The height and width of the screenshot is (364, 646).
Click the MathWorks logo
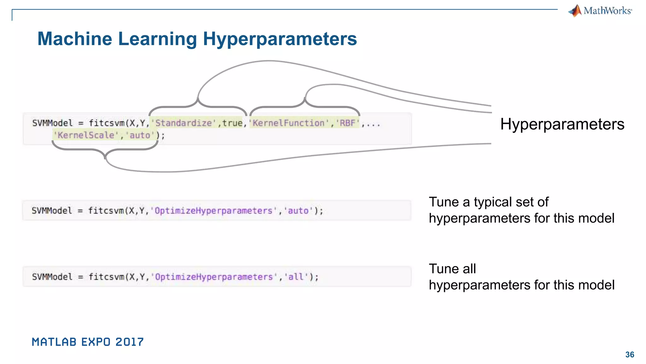pyautogui.click(x=600, y=11)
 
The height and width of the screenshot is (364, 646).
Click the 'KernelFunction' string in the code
pyautogui.click(x=289, y=123)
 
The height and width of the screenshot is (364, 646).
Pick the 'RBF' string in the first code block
pyautogui.click(x=348, y=123)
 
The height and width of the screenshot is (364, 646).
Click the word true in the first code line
pyautogui.click(x=232, y=123)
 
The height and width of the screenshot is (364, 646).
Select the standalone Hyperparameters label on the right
pyautogui.click(x=562, y=124)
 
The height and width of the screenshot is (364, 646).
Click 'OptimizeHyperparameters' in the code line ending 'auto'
pyautogui.click(x=214, y=211)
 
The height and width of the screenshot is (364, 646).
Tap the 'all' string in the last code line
pyautogui.click(x=296, y=277)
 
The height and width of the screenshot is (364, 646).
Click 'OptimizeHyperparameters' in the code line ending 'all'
pyautogui.click(x=214, y=277)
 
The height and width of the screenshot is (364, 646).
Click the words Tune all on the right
pyautogui.click(x=452, y=269)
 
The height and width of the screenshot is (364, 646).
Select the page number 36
pyautogui.click(x=630, y=355)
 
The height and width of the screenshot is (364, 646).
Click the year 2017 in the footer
pyautogui.click(x=129, y=342)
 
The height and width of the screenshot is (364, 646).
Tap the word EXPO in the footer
pyautogui.click(x=96, y=342)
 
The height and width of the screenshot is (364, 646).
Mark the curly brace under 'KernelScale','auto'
pyautogui.click(x=105, y=150)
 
